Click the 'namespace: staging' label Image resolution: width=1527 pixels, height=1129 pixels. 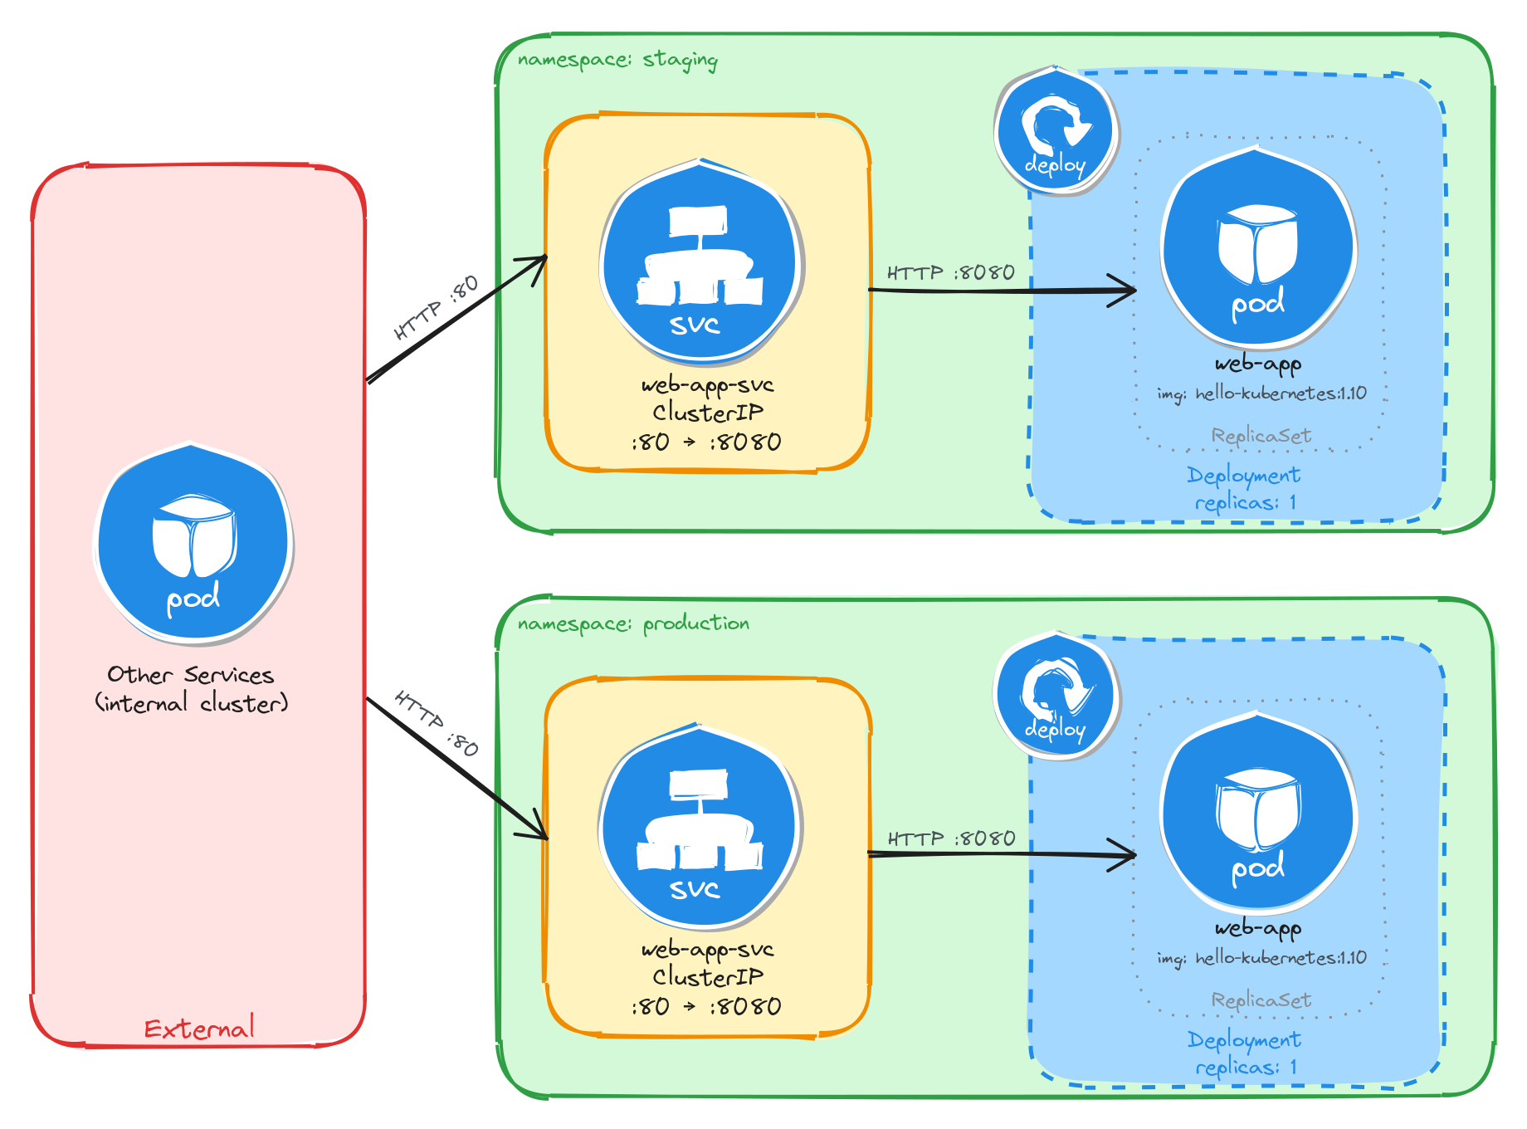[x=617, y=60]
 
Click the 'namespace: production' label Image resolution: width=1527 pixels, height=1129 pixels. [x=632, y=623]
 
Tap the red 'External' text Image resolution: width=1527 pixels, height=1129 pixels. [x=199, y=1029]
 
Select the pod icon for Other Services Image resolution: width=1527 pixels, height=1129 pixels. [x=193, y=544]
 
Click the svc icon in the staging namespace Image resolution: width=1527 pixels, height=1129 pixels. [x=701, y=262]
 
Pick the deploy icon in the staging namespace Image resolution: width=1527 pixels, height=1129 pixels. [x=1056, y=132]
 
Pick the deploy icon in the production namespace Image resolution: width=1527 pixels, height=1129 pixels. [x=1056, y=696]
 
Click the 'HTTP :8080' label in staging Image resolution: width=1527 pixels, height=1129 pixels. [x=950, y=273]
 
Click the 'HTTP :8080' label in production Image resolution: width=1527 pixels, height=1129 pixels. [x=951, y=838]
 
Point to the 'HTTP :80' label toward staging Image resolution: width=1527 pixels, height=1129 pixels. [x=437, y=307]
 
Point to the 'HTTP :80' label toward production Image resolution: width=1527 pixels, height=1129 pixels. [x=437, y=722]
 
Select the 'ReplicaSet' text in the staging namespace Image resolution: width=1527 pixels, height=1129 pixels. [x=1261, y=436]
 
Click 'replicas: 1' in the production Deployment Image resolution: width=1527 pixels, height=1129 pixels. [x=1245, y=1067]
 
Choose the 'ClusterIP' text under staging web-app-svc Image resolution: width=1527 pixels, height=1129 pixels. [x=707, y=413]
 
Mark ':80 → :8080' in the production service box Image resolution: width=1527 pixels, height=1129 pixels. [x=706, y=1006]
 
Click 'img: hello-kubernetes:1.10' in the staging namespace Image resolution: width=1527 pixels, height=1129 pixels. [x=1261, y=393]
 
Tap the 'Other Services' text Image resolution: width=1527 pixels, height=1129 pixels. [x=190, y=675]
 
